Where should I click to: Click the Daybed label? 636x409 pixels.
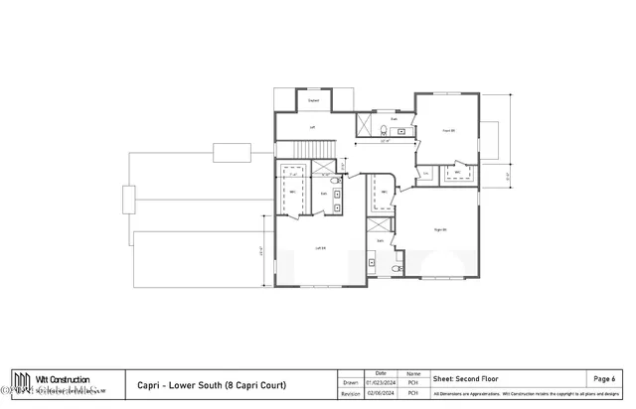coord(313,101)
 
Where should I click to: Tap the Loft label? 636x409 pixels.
coord(312,128)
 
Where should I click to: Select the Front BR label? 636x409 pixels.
coord(448,130)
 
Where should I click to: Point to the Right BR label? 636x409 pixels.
coord(440,230)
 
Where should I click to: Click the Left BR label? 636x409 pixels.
coord(320,248)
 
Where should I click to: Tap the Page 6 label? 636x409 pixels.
coord(604,379)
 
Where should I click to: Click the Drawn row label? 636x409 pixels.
coord(350,381)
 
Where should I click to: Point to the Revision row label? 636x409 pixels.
coord(350,393)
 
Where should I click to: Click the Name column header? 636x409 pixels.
coord(412,372)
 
